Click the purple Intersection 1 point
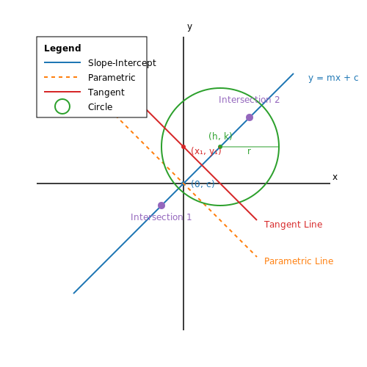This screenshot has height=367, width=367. click(161, 206)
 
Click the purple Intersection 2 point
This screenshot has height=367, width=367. click(250, 117)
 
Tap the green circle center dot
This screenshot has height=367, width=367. click(220, 147)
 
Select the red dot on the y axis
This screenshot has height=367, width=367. click(183, 147)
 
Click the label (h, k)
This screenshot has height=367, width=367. click(220, 136)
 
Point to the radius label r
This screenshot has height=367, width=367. click(249, 151)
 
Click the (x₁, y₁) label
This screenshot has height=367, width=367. click(206, 151)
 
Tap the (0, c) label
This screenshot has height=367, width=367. click(203, 183)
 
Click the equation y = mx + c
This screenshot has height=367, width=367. click(333, 78)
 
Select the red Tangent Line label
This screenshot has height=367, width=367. click(293, 225)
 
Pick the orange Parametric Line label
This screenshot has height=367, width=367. click(299, 261)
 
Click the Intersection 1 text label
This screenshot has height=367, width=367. click(161, 217)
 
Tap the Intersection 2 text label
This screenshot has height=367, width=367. click(249, 100)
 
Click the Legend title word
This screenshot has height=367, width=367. click(62, 48)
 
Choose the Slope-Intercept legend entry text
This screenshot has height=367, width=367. click(122, 63)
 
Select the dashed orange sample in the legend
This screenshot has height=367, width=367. click(61, 77)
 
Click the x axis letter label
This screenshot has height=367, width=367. click(335, 177)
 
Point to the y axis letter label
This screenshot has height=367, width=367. click(189, 26)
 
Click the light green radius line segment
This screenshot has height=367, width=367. click(250, 147)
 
